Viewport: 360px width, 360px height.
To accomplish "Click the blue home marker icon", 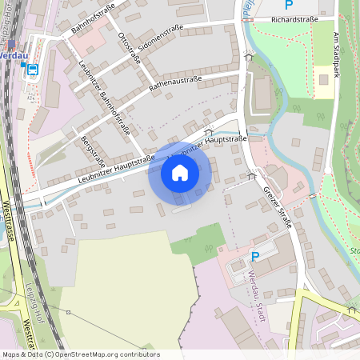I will pos(179,172).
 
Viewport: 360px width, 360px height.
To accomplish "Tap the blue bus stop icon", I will pos(33,70).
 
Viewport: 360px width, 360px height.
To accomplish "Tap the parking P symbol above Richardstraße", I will pos(290,4).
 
